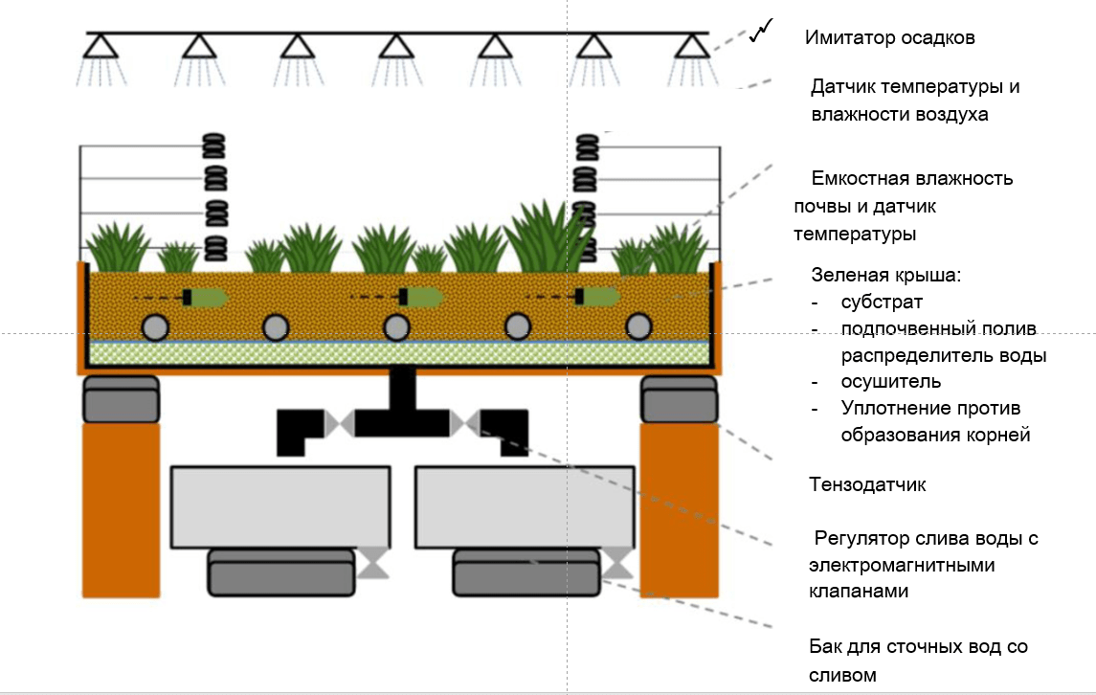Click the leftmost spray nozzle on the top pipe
(99, 45)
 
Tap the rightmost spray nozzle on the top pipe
(689, 45)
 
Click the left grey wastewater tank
(280, 507)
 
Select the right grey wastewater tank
(525, 507)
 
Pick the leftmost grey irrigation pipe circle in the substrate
(154, 327)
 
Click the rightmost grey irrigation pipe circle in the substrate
(638, 327)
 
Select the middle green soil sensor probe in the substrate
(422, 298)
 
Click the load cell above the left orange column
(121, 399)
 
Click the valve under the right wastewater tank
(618, 562)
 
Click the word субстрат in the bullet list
(882, 303)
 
